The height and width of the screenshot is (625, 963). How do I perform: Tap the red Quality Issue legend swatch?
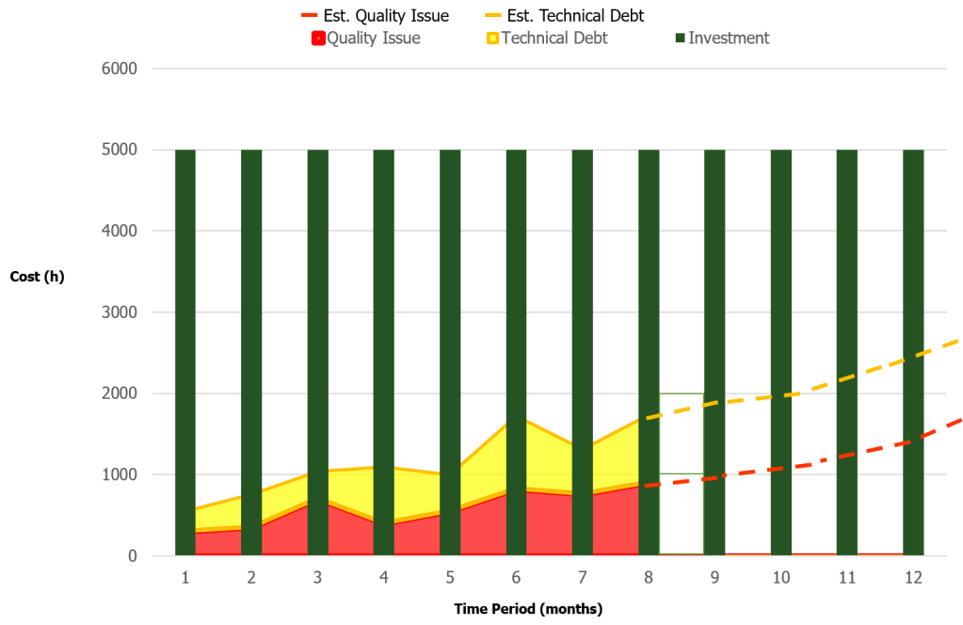(318, 39)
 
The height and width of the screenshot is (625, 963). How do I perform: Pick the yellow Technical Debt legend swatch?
(492, 39)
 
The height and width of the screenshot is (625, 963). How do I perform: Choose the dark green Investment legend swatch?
(681, 39)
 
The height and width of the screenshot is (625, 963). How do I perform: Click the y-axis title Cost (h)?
(37, 277)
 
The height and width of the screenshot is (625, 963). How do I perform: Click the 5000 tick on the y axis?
(120, 150)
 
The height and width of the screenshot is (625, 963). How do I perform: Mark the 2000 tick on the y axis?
(120, 393)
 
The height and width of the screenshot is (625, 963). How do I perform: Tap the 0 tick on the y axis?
(132, 555)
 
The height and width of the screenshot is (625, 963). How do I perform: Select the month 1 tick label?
(185, 576)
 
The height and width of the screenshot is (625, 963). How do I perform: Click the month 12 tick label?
(913, 576)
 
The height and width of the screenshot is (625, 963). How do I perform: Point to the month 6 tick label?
(516, 576)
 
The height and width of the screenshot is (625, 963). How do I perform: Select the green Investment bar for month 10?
(780, 282)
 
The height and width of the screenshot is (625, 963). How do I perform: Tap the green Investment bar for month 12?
(913, 282)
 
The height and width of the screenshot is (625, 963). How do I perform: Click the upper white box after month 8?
(682, 433)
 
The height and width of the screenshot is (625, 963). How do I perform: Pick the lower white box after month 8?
(682, 514)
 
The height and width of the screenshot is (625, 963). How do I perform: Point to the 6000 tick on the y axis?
(120, 69)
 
